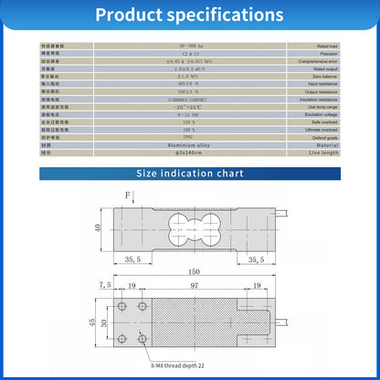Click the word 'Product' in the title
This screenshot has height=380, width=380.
point(140,16)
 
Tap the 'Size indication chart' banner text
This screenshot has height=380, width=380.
point(189,172)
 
